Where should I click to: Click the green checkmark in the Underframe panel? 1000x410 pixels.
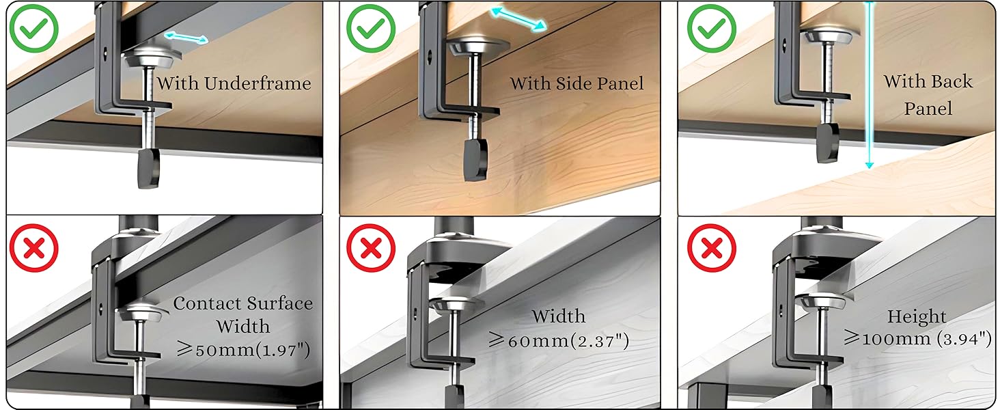(33, 29)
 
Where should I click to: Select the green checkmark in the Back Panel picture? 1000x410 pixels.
(711, 29)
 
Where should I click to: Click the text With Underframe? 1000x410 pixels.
(234, 84)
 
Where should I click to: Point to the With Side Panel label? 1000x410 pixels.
(577, 84)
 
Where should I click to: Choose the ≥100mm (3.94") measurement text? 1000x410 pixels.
(917, 338)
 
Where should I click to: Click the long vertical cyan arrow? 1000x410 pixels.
(869, 85)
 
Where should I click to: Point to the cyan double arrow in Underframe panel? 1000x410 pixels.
(186, 37)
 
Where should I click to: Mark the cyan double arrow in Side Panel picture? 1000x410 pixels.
(519, 19)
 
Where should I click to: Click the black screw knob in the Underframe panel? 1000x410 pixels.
(148, 168)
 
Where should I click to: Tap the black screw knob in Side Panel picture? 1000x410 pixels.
(475, 160)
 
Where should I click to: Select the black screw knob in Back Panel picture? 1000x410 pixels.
(828, 142)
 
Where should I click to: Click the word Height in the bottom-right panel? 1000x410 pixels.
(917, 317)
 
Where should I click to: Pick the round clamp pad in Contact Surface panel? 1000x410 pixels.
(142, 314)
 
